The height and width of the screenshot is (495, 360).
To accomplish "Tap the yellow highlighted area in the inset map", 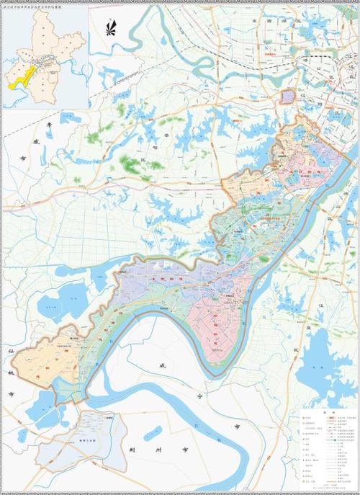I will tap(22, 75).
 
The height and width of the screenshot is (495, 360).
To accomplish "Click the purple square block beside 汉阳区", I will tap(288, 97).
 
